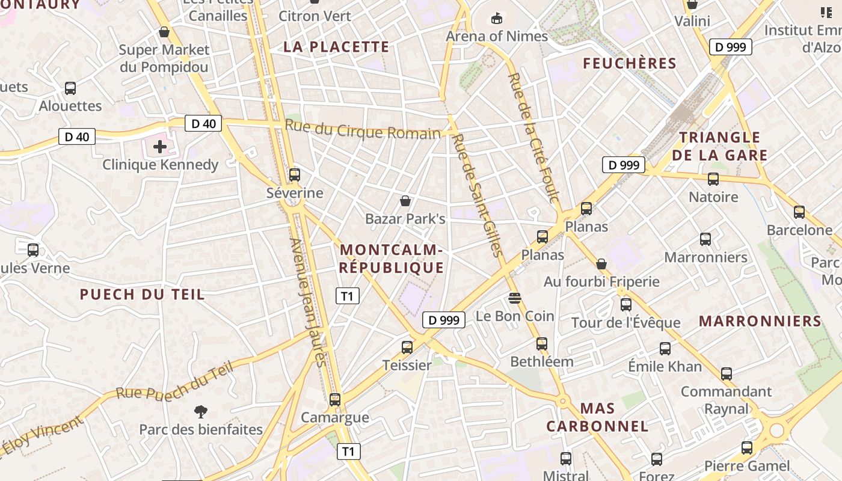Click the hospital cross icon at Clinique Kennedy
(x=160, y=147)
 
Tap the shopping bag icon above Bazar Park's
(x=405, y=200)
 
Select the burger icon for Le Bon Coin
(x=514, y=298)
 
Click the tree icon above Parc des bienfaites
(x=201, y=412)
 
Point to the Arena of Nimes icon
(x=497, y=19)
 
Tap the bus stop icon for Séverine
(x=295, y=175)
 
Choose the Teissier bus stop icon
(x=407, y=347)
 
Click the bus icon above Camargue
(x=335, y=399)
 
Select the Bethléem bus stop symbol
(x=542, y=344)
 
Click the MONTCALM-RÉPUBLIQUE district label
(x=392, y=259)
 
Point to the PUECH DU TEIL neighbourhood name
(x=143, y=295)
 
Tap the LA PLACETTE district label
(x=337, y=47)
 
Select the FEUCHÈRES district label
(x=630, y=63)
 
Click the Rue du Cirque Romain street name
(x=363, y=130)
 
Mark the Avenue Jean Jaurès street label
(x=307, y=302)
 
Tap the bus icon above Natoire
(x=713, y=179)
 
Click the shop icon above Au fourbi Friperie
(x=601, y=264)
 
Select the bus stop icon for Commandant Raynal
(x=727, y=374)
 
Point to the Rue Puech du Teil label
(x=174, y=382)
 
